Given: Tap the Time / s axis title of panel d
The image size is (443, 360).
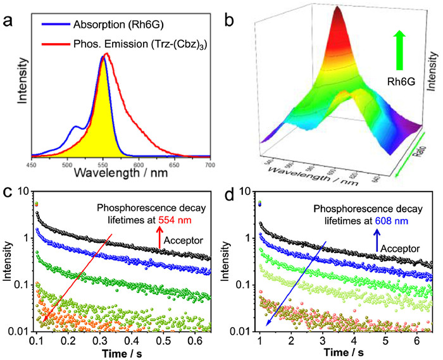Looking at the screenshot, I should (x=338, y=351).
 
